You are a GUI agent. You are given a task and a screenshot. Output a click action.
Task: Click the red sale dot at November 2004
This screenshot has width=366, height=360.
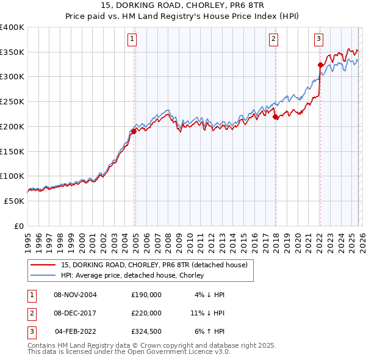134,131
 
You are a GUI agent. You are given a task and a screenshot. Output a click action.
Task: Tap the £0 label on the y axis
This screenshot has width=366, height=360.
18,226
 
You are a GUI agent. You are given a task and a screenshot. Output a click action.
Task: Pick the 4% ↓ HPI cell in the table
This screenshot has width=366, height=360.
209,295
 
